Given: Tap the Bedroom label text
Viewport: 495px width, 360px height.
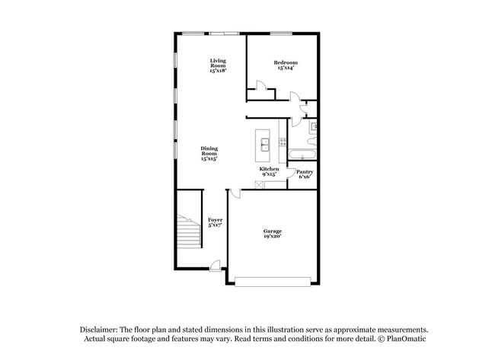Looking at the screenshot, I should point(286,62).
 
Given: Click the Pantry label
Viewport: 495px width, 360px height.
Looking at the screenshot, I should point(305,172).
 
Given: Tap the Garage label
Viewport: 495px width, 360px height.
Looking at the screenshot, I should point(273,231).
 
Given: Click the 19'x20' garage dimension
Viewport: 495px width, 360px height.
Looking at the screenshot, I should point(273,236).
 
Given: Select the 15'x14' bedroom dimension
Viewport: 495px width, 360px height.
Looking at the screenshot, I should point(286,68).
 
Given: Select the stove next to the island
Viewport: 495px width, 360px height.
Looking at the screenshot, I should point(283,141).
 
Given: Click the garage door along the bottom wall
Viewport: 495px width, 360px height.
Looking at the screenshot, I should point(273,283).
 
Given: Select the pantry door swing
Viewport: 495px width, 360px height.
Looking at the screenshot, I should point(291,174).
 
